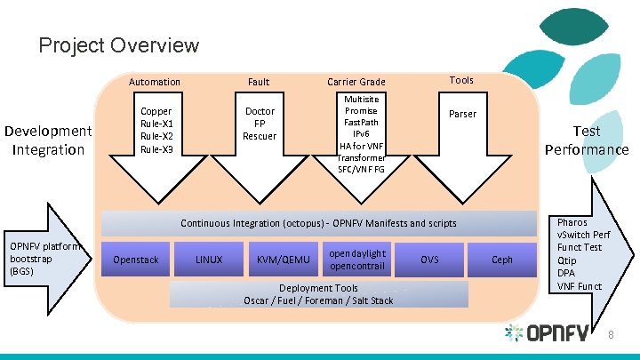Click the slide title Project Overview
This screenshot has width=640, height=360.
pos(119,44)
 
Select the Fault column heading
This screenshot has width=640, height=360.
pos(259,82)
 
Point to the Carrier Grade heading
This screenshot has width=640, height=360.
pos(356,82)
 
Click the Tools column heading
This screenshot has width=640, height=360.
pos(461,80)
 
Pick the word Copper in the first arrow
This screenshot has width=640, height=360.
pos(156,111)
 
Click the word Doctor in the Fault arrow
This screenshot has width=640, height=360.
pos(260,111)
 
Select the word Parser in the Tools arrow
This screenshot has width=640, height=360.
pos(462,114)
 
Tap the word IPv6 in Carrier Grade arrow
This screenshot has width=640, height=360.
pos(361,134)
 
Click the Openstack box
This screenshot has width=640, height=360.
pos(137,260)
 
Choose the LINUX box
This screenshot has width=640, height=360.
pos(210,260)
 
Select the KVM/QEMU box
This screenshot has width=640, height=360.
pos(283,260)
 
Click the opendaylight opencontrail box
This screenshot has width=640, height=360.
pos(356,260)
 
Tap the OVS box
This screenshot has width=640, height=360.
pos(429,260)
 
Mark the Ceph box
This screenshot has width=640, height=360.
pos(502,260)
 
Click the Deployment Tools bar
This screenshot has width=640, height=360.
pos(318,294)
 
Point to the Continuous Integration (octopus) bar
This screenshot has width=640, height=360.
pos(318,223)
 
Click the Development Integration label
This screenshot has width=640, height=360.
pos(48,140)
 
